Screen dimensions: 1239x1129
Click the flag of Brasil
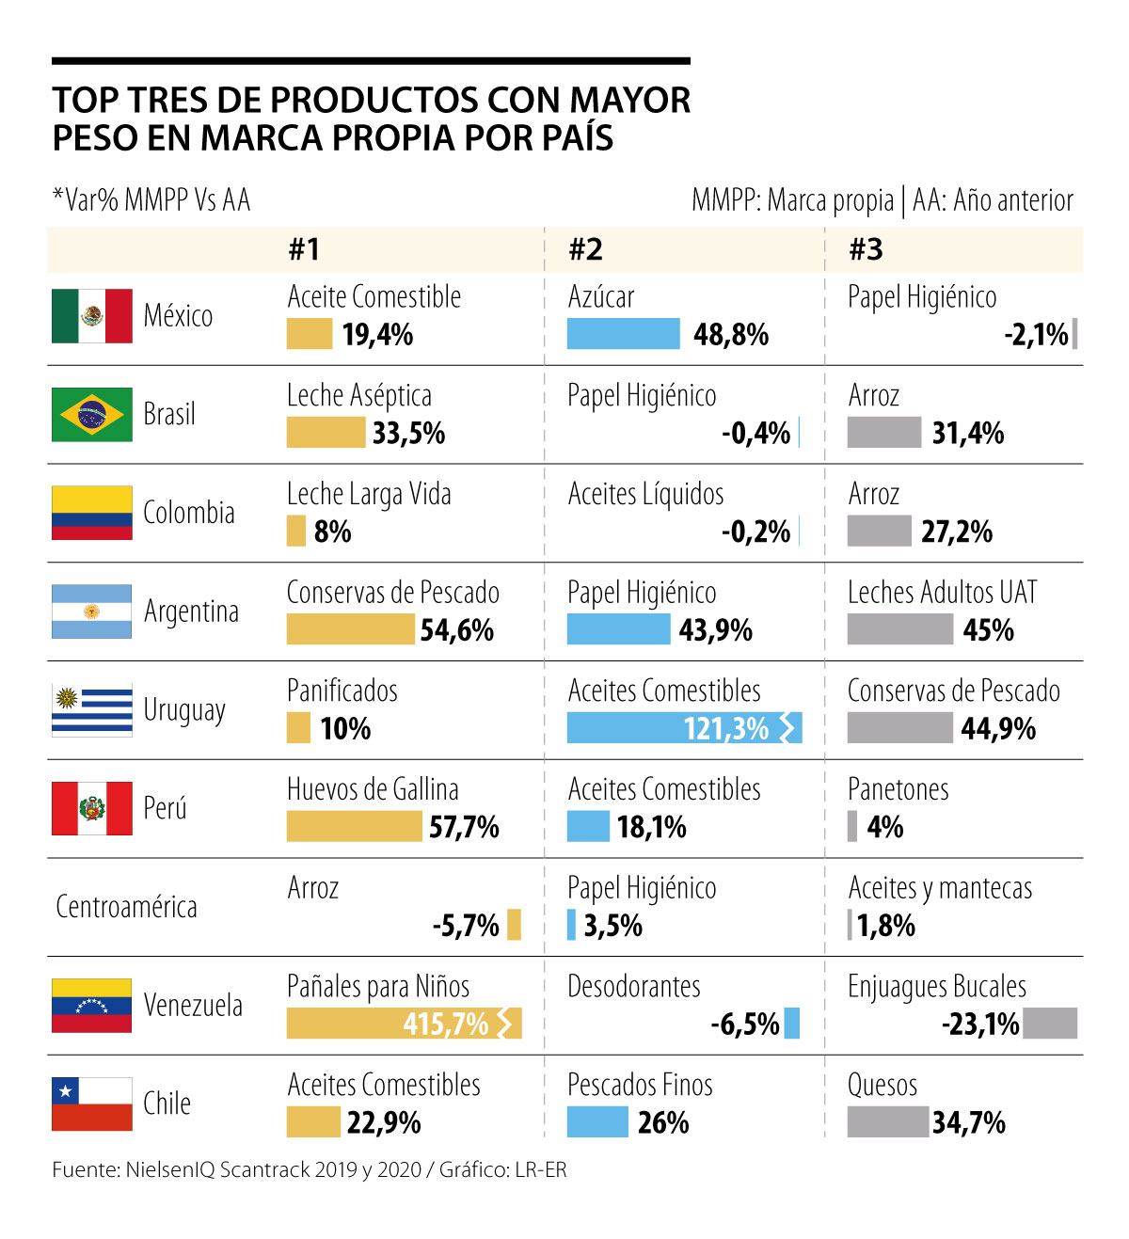click(91, 414)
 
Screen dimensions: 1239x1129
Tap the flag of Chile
click(91, 1104)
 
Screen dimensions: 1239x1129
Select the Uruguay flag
click(91, 709)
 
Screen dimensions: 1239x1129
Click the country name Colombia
click(188, 513)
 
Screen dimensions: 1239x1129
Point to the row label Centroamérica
click(126, 907)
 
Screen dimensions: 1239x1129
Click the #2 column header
click(585, 249)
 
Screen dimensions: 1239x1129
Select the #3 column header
click(866, 249)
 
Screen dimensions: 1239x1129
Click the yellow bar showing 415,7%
click(403, 1024)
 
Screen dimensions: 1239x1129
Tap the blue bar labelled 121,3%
click(683, 728)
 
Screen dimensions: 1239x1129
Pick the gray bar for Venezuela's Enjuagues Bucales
click(1050, 1024)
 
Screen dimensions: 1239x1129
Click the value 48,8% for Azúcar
click(731, 335)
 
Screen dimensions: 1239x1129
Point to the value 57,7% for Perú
click(464, 827)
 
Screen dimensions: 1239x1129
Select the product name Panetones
click(898, 789)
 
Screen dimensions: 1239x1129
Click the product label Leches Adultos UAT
click(942, 593)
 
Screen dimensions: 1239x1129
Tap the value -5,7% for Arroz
click(466, 926)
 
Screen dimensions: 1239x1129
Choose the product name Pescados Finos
click(640, 1085)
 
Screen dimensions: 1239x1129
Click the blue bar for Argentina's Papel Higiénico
click(618, 630)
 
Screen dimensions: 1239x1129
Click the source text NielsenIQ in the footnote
click(169, 1169)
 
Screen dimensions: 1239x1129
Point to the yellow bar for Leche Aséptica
click(326, 433)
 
